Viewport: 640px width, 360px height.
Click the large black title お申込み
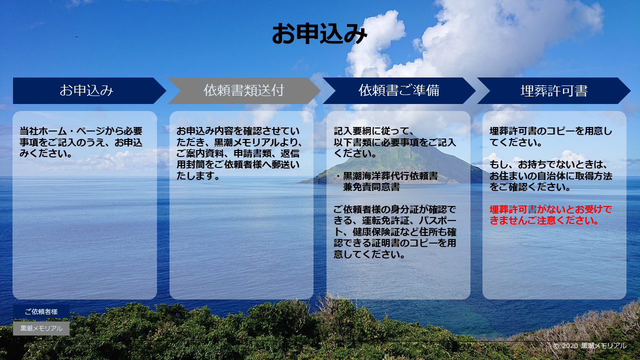pyautogui.click(x=319, y=33)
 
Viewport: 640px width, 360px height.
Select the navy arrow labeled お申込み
pyautogui.click(x=89, y=90)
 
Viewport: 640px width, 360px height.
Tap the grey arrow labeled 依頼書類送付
pyautogui.click(x=244, y=90)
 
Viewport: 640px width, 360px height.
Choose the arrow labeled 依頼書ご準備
pyautogui.click(x=399, y=90)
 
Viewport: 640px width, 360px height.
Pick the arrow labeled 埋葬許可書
pyautogui.click(x=553, y=90)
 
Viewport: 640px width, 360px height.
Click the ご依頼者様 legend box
pyautogui.click(x=41, y=311)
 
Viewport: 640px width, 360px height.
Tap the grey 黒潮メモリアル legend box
pyautogui.click(x=41, y=328)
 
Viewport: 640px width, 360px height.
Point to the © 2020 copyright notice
pyautogui.click(x=589, y=346)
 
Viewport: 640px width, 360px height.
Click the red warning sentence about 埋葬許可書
pyautogui.click(x=550, y=215)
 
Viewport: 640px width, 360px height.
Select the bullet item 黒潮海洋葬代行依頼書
pyautogui.click(x=390, y=176)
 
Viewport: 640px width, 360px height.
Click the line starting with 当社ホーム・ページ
pyautogui.click(x=81, y=131)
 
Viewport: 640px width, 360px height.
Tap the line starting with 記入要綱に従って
pyautogui.click(x=373, y=131)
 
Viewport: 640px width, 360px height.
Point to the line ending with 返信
pyautogui.click(x=237, y=153)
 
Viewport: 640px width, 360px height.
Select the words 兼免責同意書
pyautogui.click(x=371, y=187)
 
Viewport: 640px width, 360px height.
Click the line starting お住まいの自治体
pyautogui.click(x=551, y=176)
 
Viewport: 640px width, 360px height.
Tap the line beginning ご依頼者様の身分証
pyautogui.click(x=394, y=209)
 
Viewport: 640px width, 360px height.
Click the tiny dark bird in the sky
pyautogui.click(x=76, y=37)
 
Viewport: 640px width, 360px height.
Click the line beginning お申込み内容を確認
pyautogui.click(x=237, y=131)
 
